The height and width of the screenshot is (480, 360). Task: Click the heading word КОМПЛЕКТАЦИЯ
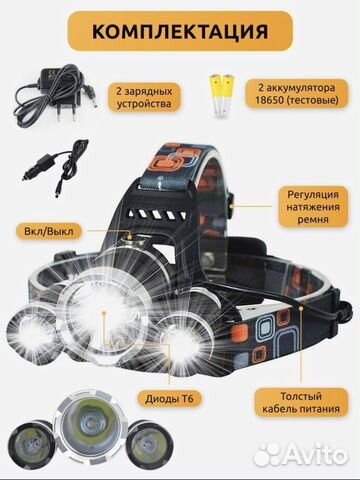pyautogui.click(x=179, y=29)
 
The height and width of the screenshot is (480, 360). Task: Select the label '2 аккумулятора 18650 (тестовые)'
pyautogui.click(x=296, y=95)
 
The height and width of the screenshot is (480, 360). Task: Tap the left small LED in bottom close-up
pyautogui.click(x=26, y=457)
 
